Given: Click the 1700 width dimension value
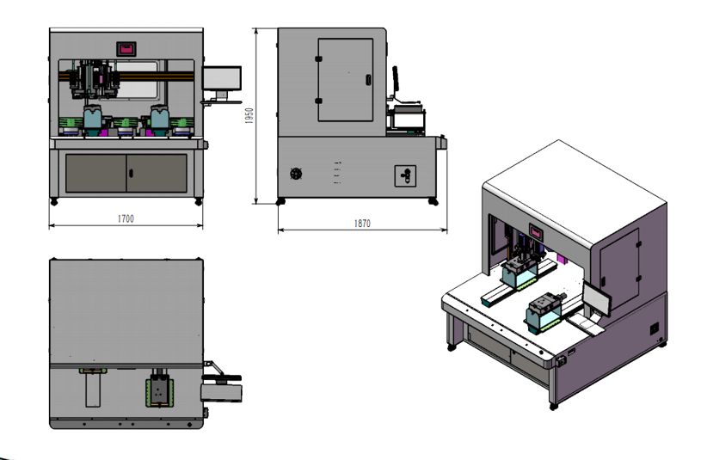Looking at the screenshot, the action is pyautogui.click(x=126, y=218).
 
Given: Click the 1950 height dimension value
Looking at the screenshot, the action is pyautogui.click(x=249, y=116).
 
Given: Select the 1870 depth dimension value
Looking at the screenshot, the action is pyautogui.click(x=362, y=223).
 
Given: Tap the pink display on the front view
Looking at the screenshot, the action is pyautogui.click(x=126, y=49).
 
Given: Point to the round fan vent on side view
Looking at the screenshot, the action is pyautogui.click(x=296, y=174).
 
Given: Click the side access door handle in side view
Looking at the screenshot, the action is pyautogui.click(x=368, y=80).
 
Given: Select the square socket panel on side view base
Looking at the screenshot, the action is pyautogui.click(x=405, y=175).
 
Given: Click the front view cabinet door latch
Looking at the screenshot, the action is pyautogui.click(x=131, y=174).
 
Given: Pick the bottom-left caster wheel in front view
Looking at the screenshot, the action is pyautogui.click(x=54, y=202).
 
